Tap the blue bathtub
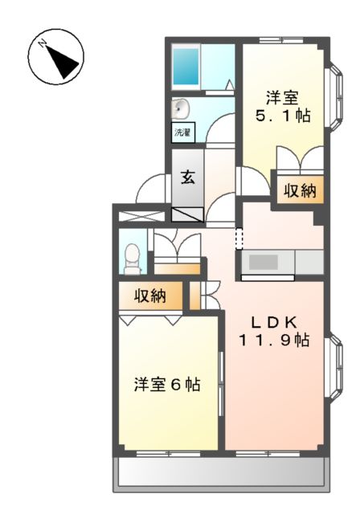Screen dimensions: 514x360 [x=187, y=65]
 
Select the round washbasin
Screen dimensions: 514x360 [x=180, y=108]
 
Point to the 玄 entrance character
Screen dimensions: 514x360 [x=186, y=177]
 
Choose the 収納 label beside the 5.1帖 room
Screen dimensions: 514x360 [x=298, y=191]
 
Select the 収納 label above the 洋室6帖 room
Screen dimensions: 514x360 [x=149, y=296]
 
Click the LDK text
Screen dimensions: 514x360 [x=273, y=322]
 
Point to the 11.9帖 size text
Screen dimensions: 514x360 [x=274, y=340]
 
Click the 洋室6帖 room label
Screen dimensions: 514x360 [x=167, y=385]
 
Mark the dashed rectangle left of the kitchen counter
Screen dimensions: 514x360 [x=238, y=238]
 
